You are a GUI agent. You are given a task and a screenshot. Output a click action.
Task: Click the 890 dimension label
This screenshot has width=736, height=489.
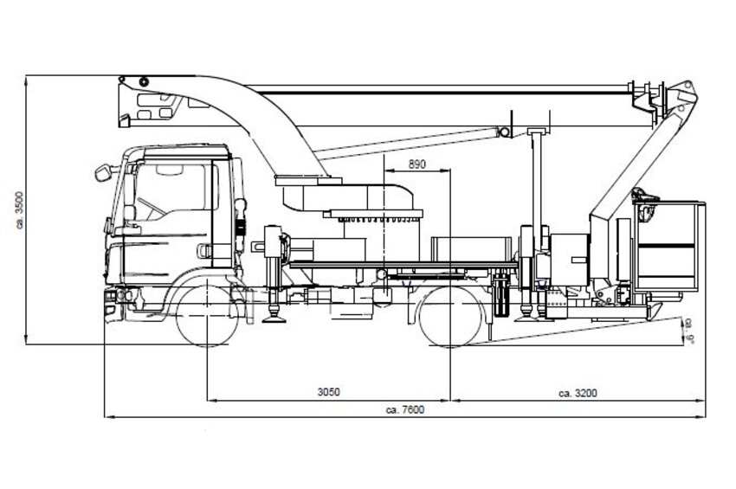(x=417, y=164)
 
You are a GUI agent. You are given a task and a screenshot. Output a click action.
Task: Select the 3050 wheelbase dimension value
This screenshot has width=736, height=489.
(x=327, y=391)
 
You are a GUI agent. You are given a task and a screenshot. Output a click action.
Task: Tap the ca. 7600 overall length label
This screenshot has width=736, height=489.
(x=407, y=409)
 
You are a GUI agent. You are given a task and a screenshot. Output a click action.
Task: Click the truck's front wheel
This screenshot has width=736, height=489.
(x=208, y=317)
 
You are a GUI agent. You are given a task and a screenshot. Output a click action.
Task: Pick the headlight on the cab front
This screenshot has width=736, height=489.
(x=111, y=299)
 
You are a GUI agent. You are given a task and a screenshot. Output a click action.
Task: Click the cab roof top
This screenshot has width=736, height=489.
(x=182, y=149)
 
